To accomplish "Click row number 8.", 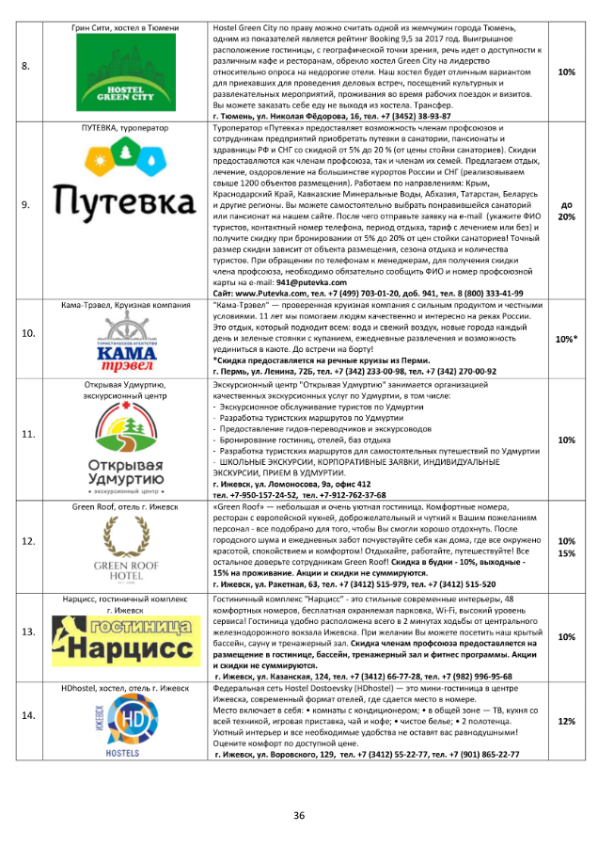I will point(26,67).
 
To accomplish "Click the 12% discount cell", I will point(567,722).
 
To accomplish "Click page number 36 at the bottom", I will point(299,815).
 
